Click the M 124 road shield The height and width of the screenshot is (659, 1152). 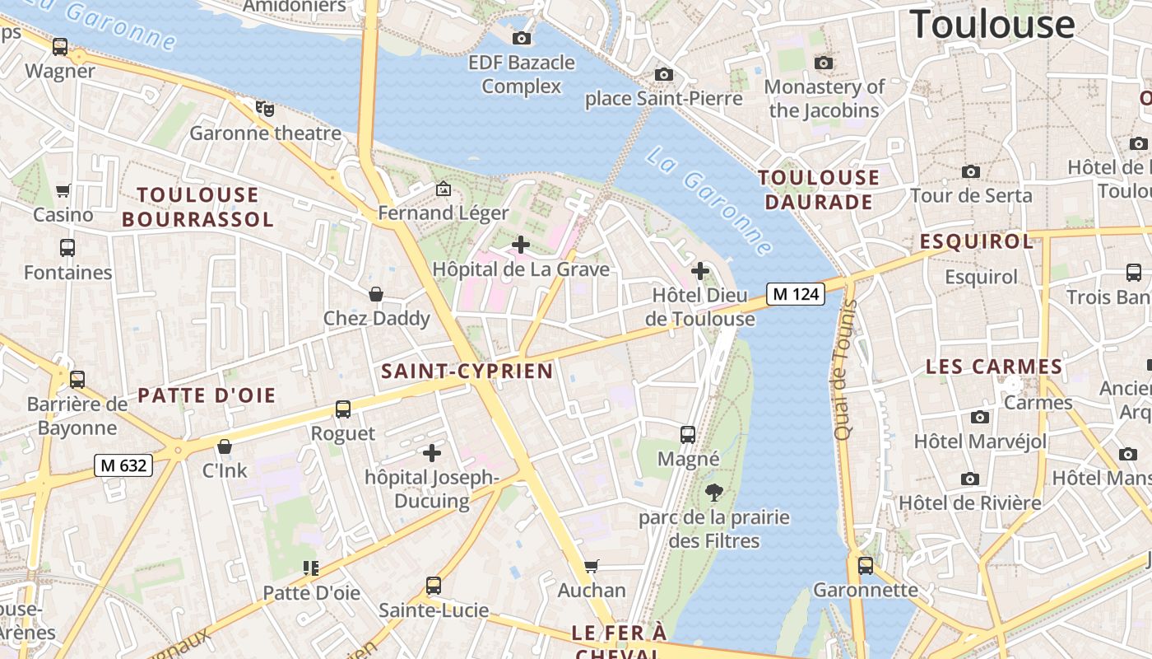pos(795,294)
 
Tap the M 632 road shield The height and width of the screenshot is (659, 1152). pos(123,465)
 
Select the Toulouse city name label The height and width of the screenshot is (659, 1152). pos(992,24)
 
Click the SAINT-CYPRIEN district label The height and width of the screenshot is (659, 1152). pos(467,371)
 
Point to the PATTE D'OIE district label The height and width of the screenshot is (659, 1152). pos(207,395)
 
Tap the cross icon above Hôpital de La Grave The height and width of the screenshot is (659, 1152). pos(520,245)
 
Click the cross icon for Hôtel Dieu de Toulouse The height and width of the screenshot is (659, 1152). pos(699,270)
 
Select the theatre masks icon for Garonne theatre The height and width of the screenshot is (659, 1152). pos(264,108)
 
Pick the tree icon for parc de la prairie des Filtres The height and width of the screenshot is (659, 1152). pos(714,493)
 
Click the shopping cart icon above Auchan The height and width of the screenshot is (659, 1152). pos(591,566)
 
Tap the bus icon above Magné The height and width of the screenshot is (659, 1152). pos(688,434)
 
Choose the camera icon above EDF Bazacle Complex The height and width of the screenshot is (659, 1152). pos(521,38)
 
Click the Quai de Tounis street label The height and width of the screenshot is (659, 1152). pos(845,370)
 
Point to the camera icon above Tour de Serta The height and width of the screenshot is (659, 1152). pos(971,171)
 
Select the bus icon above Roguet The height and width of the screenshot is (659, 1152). pos(342,409)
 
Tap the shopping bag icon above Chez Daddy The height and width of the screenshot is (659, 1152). pos(376,294)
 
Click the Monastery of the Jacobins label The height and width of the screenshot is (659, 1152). pos(825,98)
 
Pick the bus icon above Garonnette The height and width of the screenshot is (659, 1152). pos(865,565)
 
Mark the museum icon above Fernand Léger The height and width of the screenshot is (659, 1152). pos(444,189)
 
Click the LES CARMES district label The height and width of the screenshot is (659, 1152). pos(994,367)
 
